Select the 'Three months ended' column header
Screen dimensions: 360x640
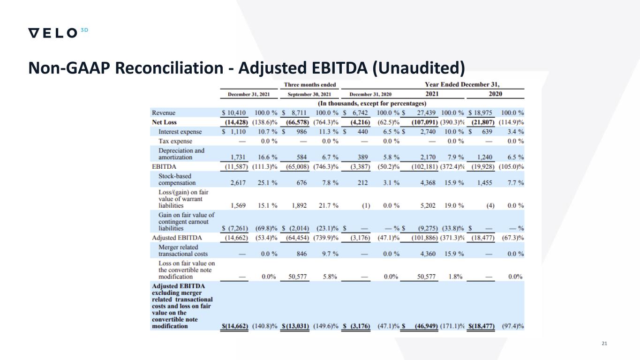(310, 85)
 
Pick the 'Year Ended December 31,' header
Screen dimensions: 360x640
(462, 85)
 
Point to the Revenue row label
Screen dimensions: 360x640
(164, 113)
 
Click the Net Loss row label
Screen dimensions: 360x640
(165, 122)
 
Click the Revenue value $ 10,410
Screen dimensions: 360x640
(237, 113)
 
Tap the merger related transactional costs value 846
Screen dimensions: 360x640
(302, 254)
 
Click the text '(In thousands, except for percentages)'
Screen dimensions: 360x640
(372, 103)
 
